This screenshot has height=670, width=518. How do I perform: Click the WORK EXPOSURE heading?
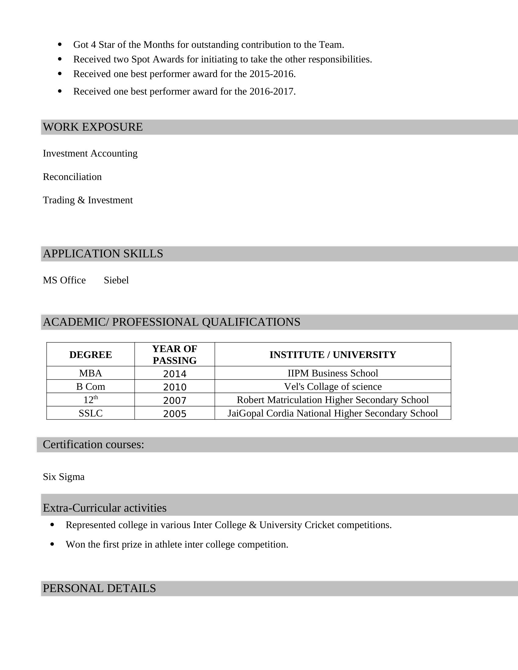93,127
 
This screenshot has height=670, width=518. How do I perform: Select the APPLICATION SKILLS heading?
103,254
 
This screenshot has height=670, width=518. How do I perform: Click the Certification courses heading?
93,445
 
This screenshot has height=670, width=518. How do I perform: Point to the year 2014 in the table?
175,374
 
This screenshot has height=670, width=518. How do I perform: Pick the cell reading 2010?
175,387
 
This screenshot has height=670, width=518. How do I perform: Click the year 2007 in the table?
175,400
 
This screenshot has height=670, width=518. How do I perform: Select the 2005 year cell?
175,414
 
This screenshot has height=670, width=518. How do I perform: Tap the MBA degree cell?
90,373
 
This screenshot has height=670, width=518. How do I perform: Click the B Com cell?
90,386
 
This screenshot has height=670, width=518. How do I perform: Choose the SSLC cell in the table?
90,413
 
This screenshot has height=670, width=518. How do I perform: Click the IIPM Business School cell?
333,373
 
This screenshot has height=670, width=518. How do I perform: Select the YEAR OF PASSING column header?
175,354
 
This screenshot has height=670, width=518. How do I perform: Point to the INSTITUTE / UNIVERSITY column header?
333,354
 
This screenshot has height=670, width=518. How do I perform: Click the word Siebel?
116,280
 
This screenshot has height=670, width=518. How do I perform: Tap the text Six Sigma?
63,477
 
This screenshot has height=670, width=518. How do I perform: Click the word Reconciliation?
72,177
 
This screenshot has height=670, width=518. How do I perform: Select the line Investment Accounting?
90,153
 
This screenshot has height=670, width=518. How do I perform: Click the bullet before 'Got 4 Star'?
59,45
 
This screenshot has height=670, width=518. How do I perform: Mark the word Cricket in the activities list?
319,525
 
